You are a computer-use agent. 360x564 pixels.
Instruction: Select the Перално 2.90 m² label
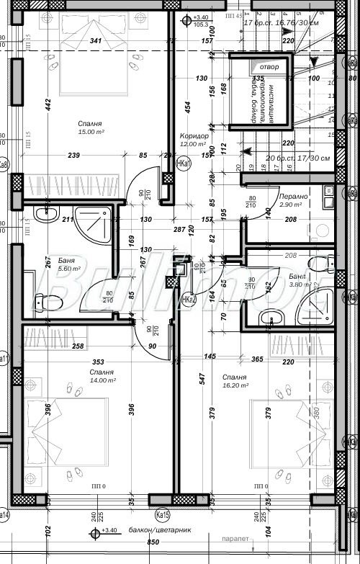click(x=293, y=200)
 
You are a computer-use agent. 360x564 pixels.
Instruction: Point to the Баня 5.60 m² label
click(x=48, y=264)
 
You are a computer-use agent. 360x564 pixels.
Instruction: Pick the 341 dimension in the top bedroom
click(x=95, y=42)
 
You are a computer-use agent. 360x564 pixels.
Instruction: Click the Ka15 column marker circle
click(x=163, y=515)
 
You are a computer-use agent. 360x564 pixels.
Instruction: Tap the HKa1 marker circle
click(x=184, y=164)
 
